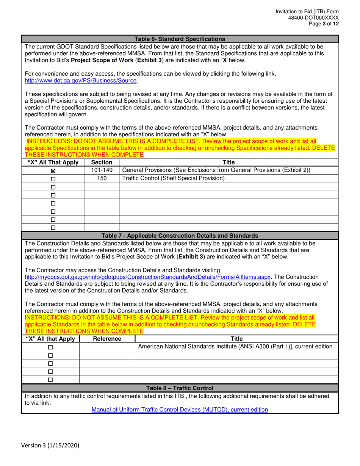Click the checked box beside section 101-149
click(53, 171)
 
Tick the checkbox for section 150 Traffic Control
click(53, 179)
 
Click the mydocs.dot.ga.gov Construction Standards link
click(147, 277)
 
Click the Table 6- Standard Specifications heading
click(180, 39)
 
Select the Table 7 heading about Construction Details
click(180, 236)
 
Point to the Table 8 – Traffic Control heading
click(180, 388)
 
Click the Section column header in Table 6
click(102, 163)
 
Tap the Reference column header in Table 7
click(107, 339)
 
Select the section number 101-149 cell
click(102, 170)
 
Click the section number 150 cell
click(102, 178)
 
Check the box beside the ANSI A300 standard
click(50, 347)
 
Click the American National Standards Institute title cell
click(235, 347)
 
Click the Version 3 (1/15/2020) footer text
click(50, 446)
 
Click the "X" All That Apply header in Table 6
click(53, 163)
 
